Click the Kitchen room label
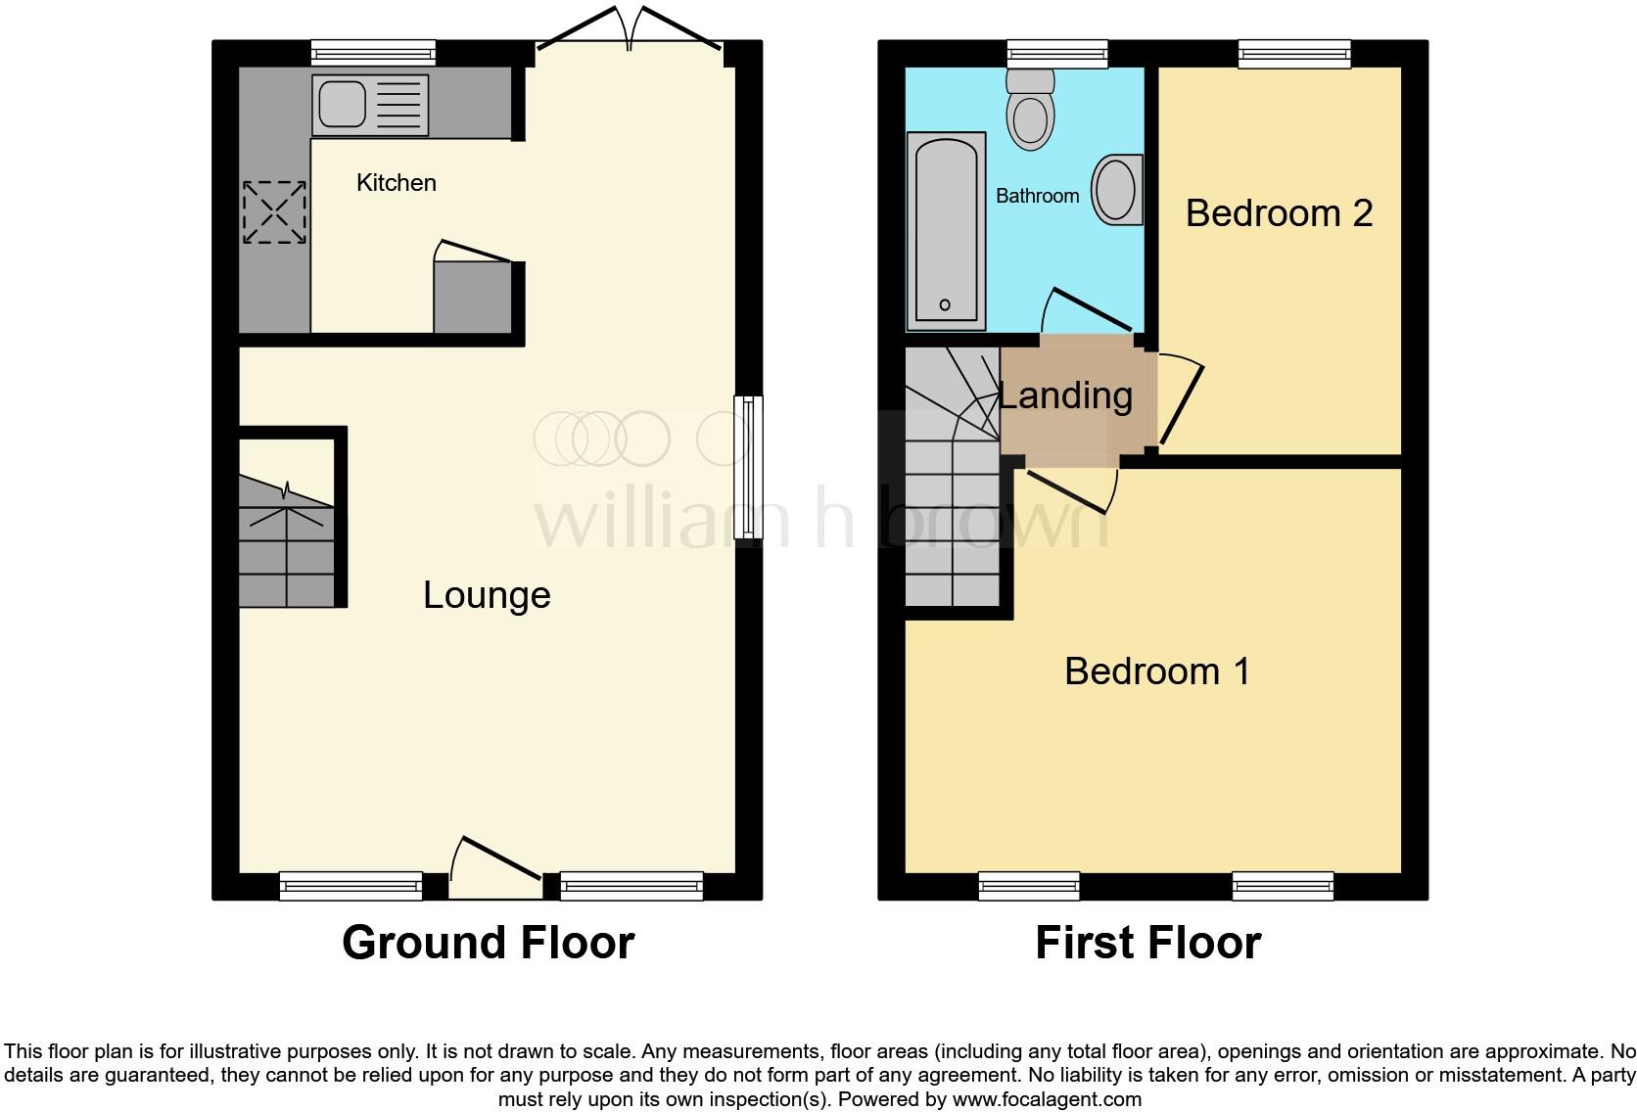(x=396, y=183)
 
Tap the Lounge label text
(x=487, y=595)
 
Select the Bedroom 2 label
(x=1279, y=212)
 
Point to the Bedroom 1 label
(x=1156, y=672)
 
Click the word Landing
(x=1065, y=395)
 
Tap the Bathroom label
(x=1037, y=196)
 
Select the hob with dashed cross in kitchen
(x=274, y=211)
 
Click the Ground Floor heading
(x=488, y=943)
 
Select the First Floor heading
(x=1147, y=943)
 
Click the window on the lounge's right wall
(x=749, y=466)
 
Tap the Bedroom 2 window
(x=1294, y=54)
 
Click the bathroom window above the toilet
(x=1056, y=54)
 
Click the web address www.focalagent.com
(x=1046, y=1099)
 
